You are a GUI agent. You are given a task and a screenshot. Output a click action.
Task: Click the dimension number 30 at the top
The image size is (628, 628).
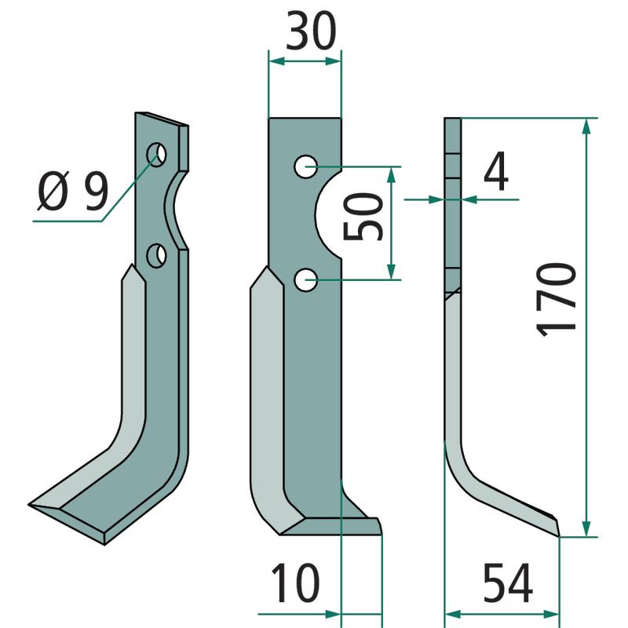[x=311, y=31]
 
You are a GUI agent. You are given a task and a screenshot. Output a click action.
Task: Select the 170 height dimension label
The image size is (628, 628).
[x=556, y=299]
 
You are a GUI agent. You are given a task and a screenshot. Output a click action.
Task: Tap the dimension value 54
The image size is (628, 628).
[x=508, y=582]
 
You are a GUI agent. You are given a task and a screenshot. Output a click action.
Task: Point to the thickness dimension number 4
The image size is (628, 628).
[x=496, y=172]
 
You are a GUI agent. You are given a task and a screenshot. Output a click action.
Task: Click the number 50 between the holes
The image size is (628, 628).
[x=363, y=217]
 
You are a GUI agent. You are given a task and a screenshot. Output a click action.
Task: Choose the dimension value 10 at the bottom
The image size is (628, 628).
[x=296, y=582]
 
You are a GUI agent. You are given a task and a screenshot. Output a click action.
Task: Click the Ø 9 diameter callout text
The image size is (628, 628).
[x=73, y=191]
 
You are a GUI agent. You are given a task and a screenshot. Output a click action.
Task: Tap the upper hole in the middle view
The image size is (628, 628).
[x=306, y=166]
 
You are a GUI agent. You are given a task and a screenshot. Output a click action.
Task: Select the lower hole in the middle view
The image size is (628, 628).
[x=306, y=280]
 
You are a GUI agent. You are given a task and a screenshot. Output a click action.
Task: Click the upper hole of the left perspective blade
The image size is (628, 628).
[x=156, y=154]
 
